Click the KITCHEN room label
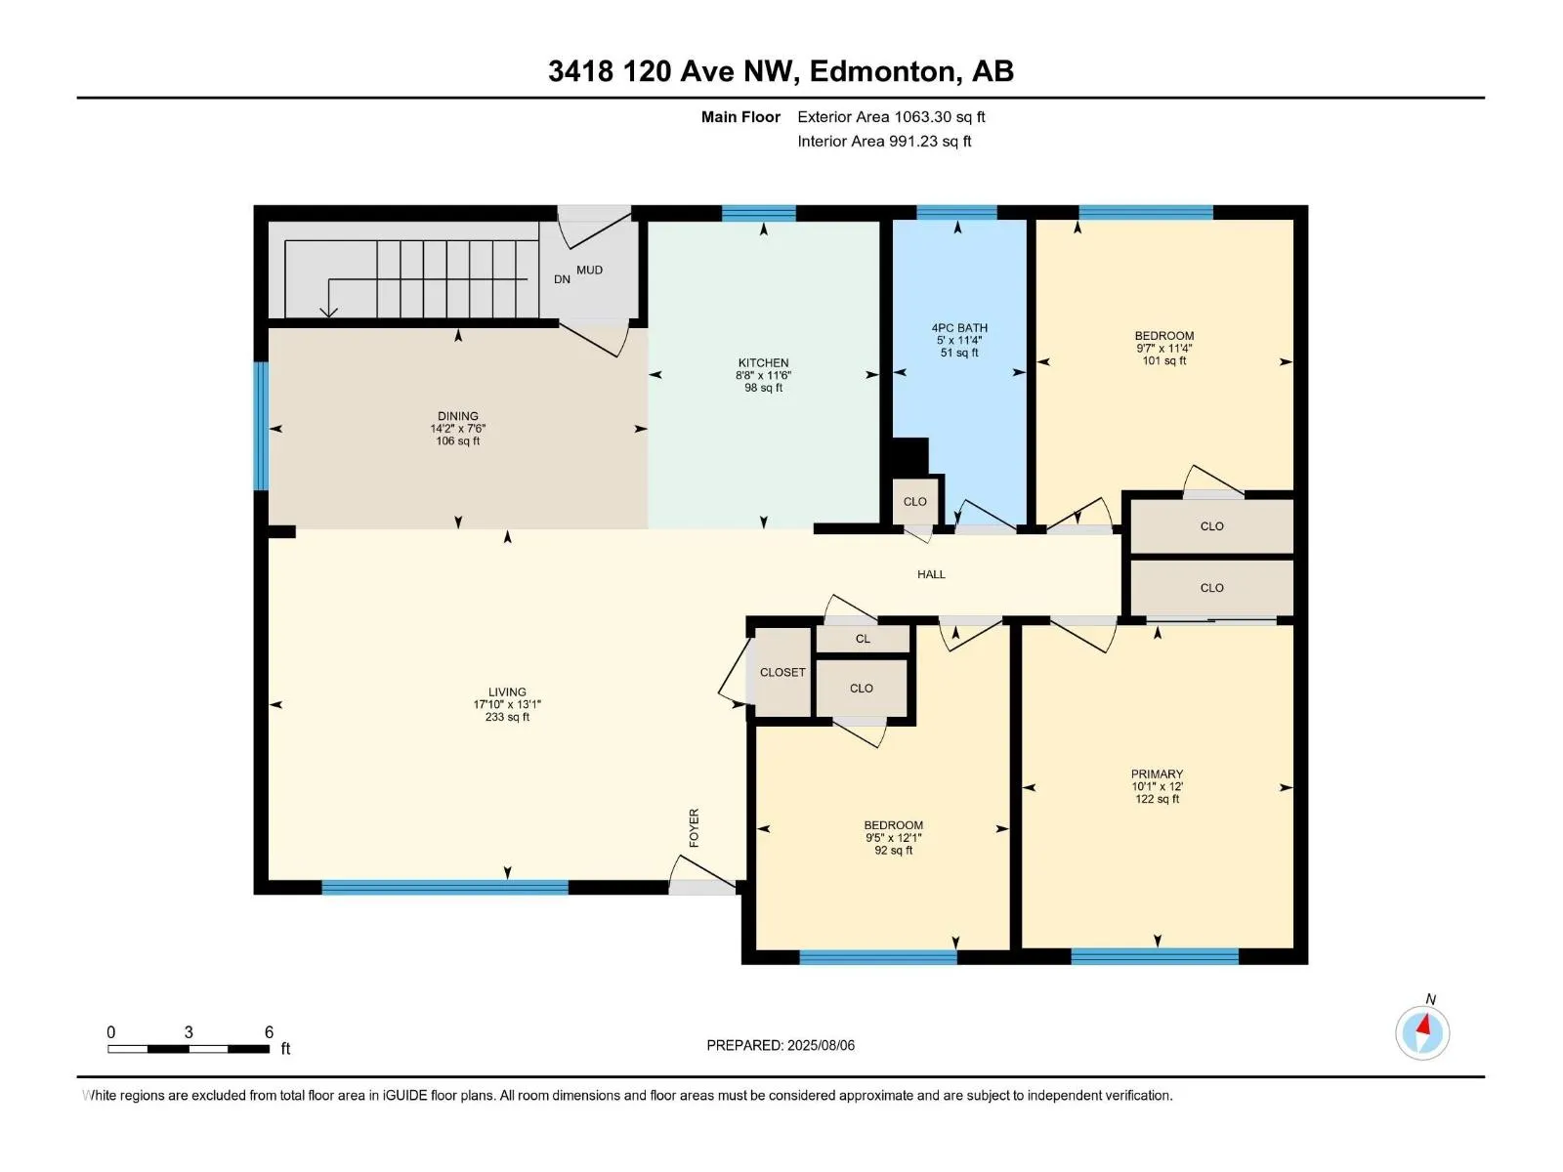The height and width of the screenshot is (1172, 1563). [763, 362]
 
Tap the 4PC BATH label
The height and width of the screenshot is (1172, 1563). [959, 328]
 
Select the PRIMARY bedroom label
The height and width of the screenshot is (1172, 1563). [1157, 774]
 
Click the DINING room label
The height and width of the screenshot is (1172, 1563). [458, 416]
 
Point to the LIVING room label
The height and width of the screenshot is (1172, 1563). [507, 691]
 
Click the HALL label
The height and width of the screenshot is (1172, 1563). [931, 574]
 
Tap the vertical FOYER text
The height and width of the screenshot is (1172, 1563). [695, 827]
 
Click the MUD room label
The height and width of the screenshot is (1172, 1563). [589, 271]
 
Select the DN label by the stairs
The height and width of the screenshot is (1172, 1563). [562, 279]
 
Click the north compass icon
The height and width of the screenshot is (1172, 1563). [1422, 1032]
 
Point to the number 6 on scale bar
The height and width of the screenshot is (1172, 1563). [269, 1032]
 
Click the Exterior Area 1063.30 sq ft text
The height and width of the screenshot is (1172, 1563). [891, 117]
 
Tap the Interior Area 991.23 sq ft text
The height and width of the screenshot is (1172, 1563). [884, 142]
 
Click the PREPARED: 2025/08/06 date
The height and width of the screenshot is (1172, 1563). [781, 1045]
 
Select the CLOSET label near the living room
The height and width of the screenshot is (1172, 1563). [782, 672]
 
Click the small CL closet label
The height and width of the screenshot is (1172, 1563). [863, 639]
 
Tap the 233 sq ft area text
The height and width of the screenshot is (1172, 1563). [507, 717]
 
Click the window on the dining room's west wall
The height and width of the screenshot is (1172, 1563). [261, 426]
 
